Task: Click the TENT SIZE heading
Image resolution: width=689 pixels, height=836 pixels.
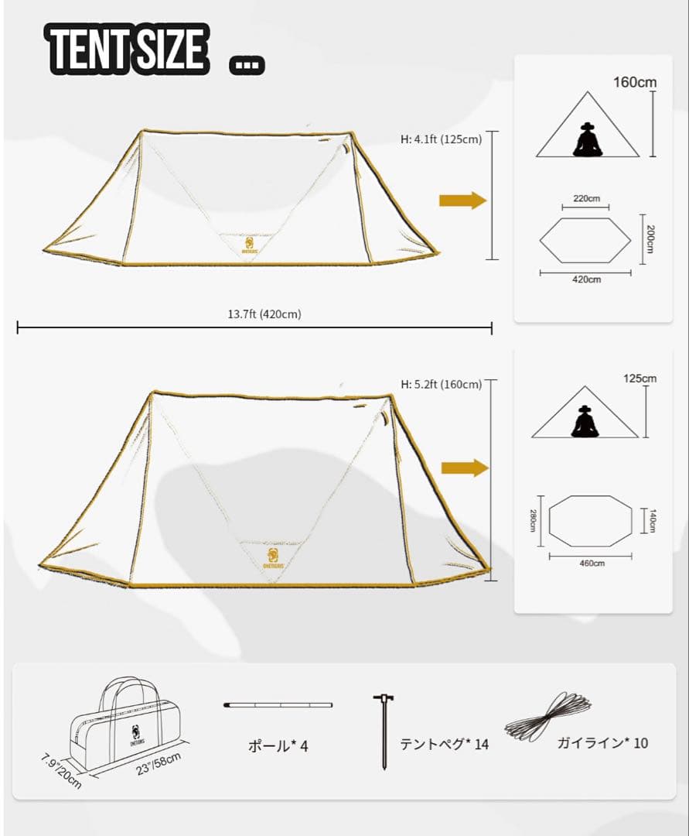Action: [128, 49]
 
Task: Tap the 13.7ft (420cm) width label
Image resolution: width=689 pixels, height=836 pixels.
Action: [264, 314]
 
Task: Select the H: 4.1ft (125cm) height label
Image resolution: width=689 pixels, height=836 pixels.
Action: [441, 139]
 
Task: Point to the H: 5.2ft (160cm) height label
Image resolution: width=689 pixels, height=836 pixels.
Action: [441, 384]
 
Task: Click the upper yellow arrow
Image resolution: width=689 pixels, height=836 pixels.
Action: [462, 200]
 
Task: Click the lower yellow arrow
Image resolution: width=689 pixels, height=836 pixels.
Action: [465, 468]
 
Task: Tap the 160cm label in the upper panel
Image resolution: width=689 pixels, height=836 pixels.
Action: [635, 82]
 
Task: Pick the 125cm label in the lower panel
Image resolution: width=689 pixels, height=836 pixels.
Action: [640, 379]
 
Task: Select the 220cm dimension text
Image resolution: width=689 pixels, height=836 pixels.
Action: [586, 198]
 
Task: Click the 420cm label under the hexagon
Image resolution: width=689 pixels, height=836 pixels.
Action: [586, 279]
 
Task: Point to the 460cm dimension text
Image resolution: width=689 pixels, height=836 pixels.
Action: [591, 563]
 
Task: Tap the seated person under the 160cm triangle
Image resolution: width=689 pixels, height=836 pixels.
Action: [588, 140]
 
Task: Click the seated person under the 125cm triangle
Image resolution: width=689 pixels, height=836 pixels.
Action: [585, 422]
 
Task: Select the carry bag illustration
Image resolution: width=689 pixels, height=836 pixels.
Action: [126, 721]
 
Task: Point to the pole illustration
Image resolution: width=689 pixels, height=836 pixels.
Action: [278, 705]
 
